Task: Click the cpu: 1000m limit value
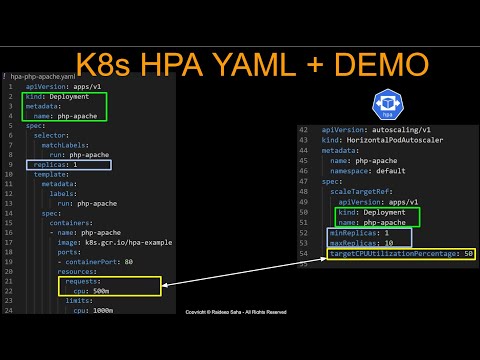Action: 97,310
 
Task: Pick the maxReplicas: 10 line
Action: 362,243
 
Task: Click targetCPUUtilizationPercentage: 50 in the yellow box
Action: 401,254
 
